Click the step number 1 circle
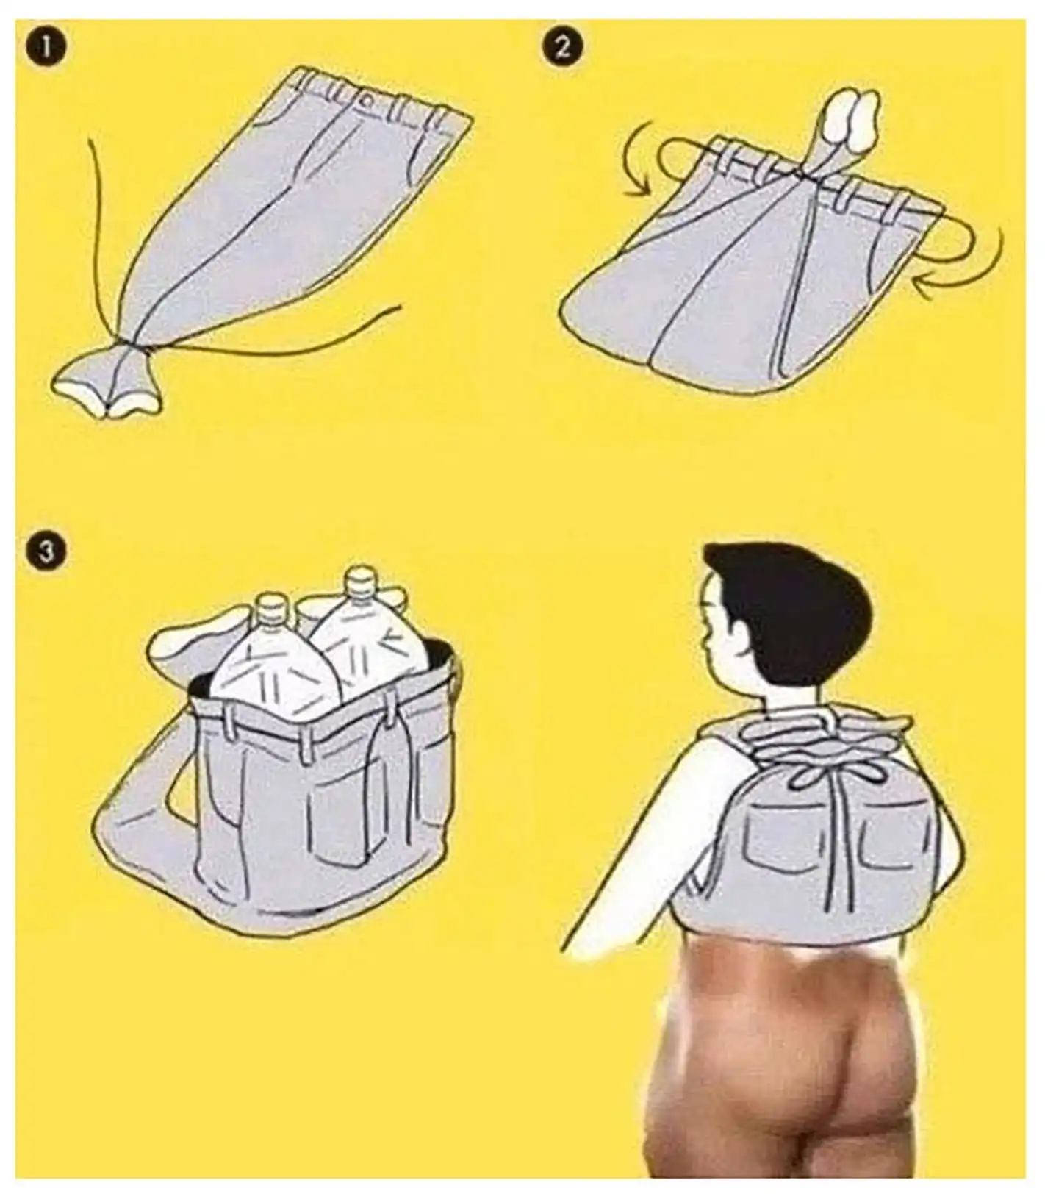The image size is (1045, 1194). coord(46,50)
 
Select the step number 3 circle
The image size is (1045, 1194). coord(46,551)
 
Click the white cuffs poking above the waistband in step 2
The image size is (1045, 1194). coord(853,118)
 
